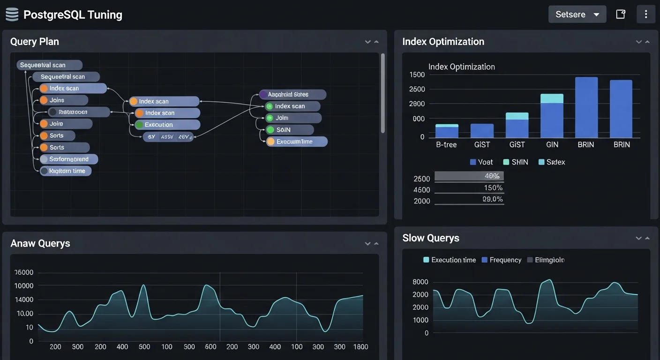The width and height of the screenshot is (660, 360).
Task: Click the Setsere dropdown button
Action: click(577, 15)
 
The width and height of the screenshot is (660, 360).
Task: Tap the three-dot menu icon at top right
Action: click(645, 15)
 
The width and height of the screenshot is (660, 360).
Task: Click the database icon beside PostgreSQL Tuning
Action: click(12, 15)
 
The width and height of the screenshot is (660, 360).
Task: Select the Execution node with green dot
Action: click(167, 125)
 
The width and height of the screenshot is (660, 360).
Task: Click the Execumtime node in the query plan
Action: click(296, 142)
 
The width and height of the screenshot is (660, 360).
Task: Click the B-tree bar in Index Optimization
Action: click(447, 131)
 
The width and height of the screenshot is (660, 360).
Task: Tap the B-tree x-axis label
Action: click(446, 145)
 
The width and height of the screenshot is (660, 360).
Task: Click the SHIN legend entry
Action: click(516, 162)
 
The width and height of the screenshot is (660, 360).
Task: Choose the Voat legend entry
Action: click(481, 162)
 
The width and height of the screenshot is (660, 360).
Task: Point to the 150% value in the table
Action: click(493, 188)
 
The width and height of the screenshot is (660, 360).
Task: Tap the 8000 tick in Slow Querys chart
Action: click(420, 282)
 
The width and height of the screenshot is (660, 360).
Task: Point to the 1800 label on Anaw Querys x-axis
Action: click(360, 347)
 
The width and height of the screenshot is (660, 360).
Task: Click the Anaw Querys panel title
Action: click(40, 243)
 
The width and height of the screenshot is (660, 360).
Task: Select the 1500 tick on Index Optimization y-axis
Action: click(417, 75)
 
